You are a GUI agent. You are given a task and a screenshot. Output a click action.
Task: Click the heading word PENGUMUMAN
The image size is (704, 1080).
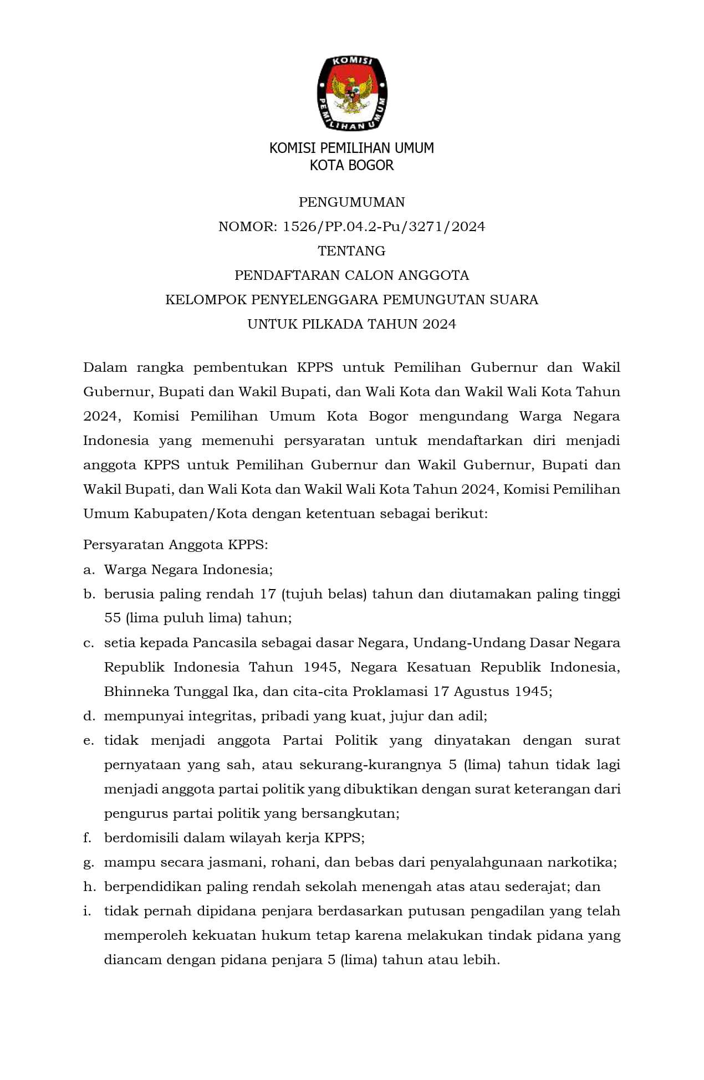pos(351,202)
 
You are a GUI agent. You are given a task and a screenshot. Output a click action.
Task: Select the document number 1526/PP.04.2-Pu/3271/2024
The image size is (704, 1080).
pos(384,227)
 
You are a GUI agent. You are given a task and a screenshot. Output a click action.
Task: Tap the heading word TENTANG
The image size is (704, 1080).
pos(351,251)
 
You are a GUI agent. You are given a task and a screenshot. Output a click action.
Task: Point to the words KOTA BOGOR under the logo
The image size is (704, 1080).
pos(351,165)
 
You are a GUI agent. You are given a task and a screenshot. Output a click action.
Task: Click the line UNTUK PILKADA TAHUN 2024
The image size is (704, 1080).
pos(351,324)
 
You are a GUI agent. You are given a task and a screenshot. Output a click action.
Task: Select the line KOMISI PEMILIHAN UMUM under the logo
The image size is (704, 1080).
pos(351,148)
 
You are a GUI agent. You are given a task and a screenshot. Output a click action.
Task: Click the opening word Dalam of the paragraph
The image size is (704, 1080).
pos(105,367)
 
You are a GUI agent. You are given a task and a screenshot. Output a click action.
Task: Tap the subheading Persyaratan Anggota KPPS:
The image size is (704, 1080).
pos(175,545)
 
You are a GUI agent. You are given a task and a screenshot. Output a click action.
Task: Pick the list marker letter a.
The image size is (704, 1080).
pos(88,570)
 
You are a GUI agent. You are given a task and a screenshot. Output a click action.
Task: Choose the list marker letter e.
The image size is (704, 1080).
pos(88,741)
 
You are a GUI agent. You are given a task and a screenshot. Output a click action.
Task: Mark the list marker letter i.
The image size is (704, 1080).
pos(86,911)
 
